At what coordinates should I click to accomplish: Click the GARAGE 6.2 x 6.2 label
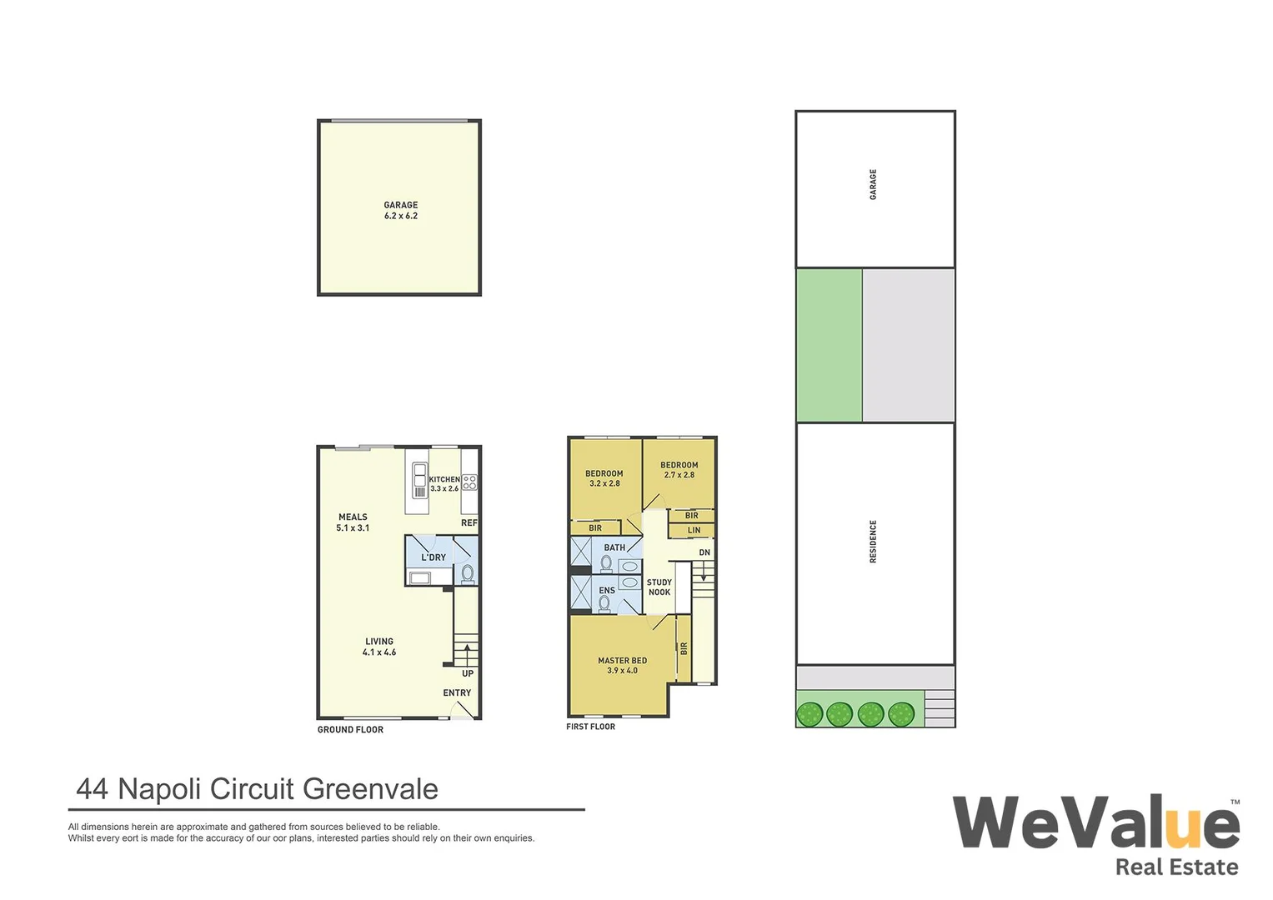point(400,210)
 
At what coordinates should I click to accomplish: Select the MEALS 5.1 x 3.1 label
point(353,522)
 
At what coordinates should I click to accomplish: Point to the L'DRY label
point(434,557)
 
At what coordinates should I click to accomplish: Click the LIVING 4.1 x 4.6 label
point(379,647)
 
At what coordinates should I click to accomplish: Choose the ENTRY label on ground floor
point(457,692)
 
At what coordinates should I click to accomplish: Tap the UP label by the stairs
point(468,673)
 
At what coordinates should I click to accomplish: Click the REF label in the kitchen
point(469,523)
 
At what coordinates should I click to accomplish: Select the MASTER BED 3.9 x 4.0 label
point(622,665)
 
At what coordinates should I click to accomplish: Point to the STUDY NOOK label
point(659,587)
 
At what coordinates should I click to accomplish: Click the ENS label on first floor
point(607,590)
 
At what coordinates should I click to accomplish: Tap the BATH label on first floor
point(614,547)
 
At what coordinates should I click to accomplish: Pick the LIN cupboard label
point(694,530)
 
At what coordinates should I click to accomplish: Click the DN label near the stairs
point(704,552)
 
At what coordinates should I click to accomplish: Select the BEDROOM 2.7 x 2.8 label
point(679,470)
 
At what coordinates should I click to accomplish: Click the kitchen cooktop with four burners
point(469,482)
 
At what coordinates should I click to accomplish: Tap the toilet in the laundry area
point(468,573)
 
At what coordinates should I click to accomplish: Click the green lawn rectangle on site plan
point(829,345)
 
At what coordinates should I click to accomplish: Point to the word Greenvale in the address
point(370,789)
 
